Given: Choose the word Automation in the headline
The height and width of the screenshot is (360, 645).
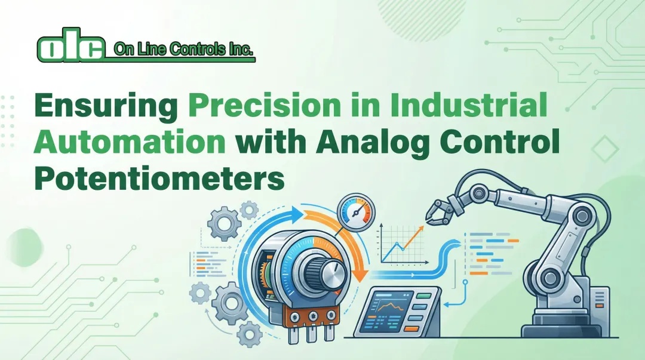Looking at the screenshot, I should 130,144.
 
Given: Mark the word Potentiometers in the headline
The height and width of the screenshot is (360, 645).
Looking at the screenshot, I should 159,179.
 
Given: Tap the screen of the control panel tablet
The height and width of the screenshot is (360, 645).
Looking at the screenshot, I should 391,308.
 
